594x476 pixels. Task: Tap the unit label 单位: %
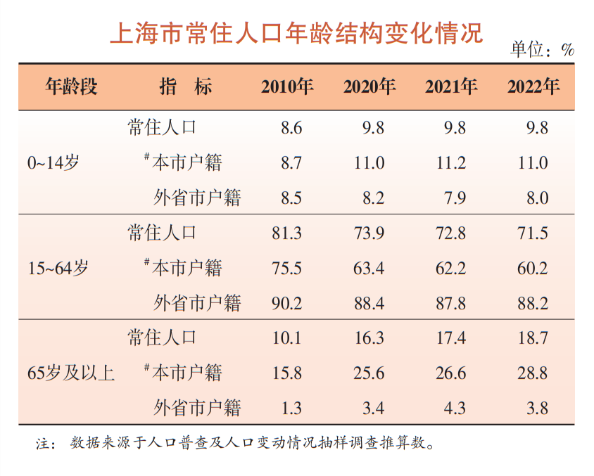point(542,50)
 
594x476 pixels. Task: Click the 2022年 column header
point(533,86)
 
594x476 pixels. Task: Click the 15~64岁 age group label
point(58,268)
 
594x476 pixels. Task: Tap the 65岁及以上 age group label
point(70,373)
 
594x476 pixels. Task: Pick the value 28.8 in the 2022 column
point(533,373)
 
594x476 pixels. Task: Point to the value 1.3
point(290,408)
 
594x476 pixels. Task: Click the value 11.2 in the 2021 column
point(451,163)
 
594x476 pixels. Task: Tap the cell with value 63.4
point(369,268)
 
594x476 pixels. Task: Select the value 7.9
point(454,198)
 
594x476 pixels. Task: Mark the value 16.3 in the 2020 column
point(369,338)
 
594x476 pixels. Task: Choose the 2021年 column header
point(451,86)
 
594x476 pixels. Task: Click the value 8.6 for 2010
point(290,128)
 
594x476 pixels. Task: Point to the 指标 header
point(186,86)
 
